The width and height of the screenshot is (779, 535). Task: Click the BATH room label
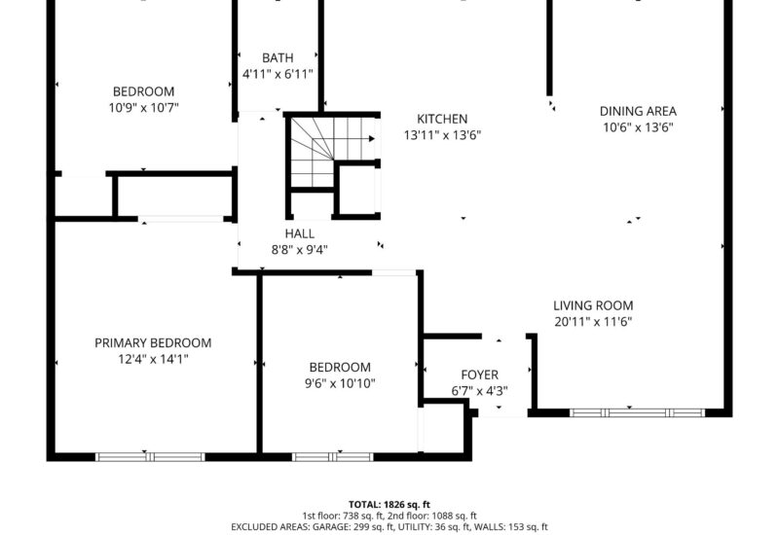point(278,58)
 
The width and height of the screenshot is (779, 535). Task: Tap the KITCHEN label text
point(442,119)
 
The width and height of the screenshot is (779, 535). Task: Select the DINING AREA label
point(638,111)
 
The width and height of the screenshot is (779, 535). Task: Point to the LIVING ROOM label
point(593,305)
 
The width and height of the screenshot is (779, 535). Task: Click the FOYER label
point(479,374)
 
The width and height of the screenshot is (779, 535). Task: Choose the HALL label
point(300,233)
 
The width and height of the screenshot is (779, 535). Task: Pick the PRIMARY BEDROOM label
point(153,343)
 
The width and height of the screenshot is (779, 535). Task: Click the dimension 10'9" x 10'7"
point(143,107)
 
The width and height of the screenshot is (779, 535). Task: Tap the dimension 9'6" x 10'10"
point(340,383)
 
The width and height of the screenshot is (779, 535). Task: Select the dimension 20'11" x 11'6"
point(593,322)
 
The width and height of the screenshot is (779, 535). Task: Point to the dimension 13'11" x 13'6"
point(442,135)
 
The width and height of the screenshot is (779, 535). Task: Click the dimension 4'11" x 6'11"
point(278,75)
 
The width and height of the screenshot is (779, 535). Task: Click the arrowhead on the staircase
point(372,139)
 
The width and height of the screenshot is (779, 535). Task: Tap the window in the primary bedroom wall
point(150,457)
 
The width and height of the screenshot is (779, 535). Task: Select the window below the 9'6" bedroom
point(332,457)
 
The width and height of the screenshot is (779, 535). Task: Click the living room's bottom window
point(637,412)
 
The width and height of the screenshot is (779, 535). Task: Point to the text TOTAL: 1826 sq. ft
point(389,505)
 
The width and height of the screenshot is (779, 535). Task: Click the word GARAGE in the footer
point(329,527)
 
